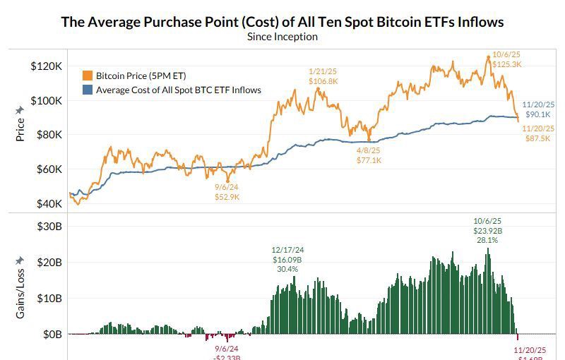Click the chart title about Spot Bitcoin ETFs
[x=282, y=21]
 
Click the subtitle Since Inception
[x=282, y=37]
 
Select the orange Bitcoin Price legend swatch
[x=88, y=76]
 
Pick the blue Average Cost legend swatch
[x=88, y=90]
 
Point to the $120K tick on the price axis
[x=46, y=66]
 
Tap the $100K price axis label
[x=46, y=101]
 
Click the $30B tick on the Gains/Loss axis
[x=48, y=226]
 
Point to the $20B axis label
[x=48, y=262]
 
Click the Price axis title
[x=20, y=130]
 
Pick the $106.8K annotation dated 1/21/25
[x=323, y=81]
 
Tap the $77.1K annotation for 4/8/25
[x=369, y=160]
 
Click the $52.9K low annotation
[x=227, y=197]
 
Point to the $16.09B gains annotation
[x=287, y=259]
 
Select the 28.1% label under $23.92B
[x=487, y=240]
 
